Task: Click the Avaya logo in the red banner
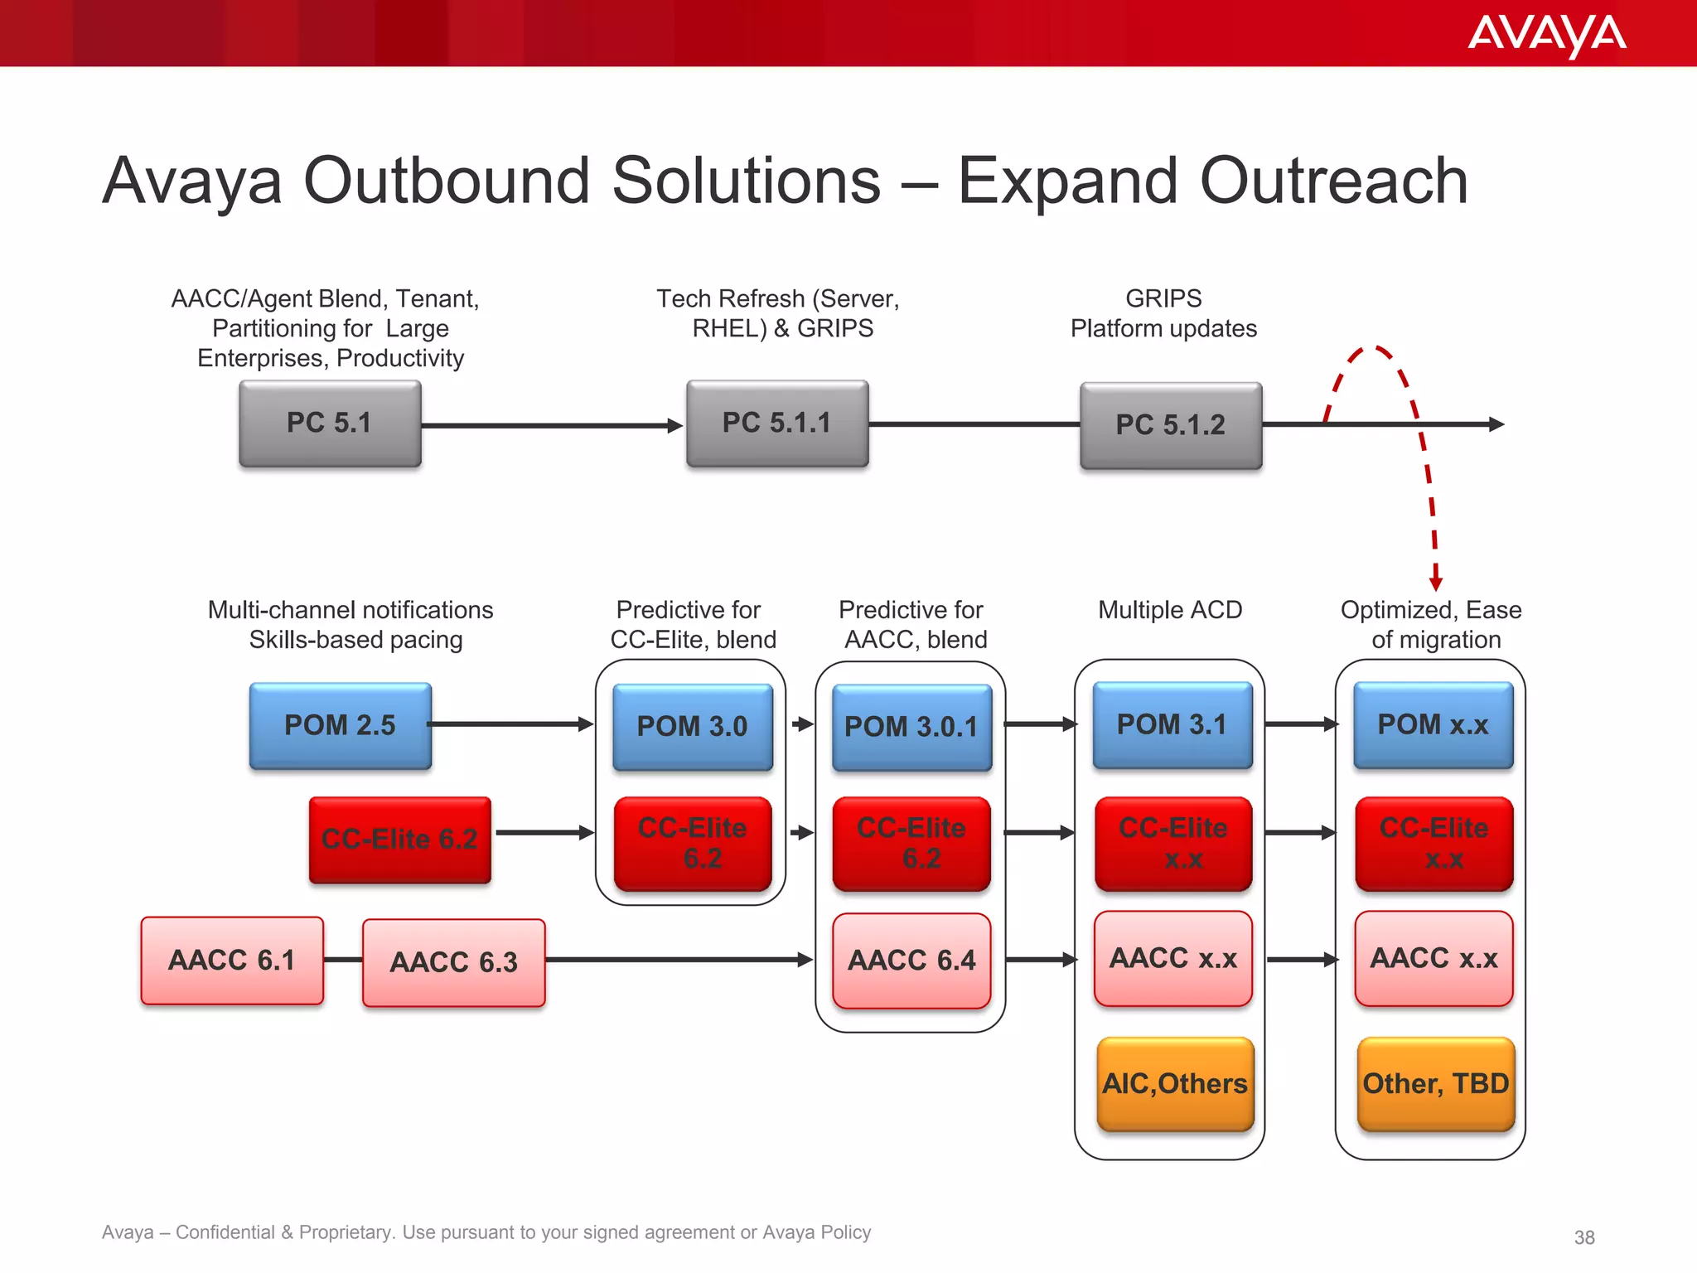coord(1546,35)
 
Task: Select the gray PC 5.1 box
coord(330,424)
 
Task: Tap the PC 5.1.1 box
coord(777,424)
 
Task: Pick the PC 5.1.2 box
coord(1170,425)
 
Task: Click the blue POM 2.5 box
coord(341,725)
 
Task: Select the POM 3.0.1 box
coord(911,727)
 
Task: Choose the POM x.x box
coord(1433,724)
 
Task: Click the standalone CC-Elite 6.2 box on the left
coord(399,840)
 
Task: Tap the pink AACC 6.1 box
coord(232,960)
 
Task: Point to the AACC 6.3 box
coord(453,962)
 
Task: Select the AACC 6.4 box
coord(911,961)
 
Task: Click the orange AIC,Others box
coord(1174,1083)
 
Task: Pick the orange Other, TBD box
coord(1435,1083)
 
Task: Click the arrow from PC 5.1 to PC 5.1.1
coord(551,425)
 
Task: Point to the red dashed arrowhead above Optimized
coord(1436,583)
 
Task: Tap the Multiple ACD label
coord(1169,610)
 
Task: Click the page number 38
coord(1583,1237)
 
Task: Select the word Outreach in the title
coord(1333,181)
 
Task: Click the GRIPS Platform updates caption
coord(1163,313)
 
